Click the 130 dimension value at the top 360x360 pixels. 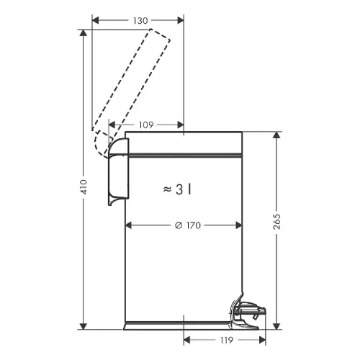pyautogui.click(x=140, y=21)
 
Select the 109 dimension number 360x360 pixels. pyautogui.click(x=146, y=125)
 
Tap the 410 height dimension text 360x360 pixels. pyautogui.click(x=84, y=186)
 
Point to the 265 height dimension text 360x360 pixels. pyautogui.click(x=276, y=221)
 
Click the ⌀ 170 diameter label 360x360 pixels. pyautogui.click(x=188, y=225)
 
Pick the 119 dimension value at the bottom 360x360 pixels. pyautogui.click(x=226, y=340)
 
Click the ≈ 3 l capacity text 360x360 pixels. pyautogui.click(x=177, y=189)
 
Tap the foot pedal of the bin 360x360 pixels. pyautogui.click(x=247, y=312)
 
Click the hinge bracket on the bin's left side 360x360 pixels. pyautogui.click(x=118, y=171)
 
